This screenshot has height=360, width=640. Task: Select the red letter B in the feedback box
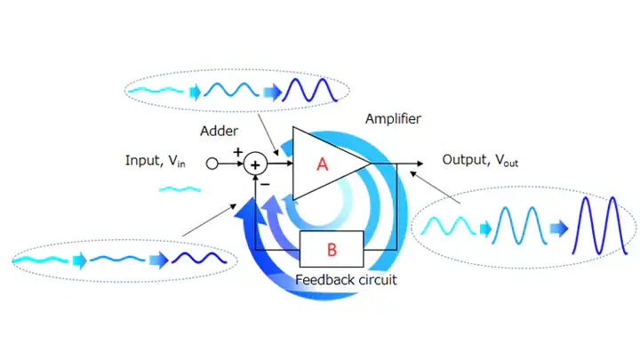[332, 249]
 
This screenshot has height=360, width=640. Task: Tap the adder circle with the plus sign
[256, 164]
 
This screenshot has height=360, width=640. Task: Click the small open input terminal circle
[212, 164]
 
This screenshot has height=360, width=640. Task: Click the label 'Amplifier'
[394, 118]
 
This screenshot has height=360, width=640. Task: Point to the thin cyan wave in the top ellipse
[157, 89]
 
